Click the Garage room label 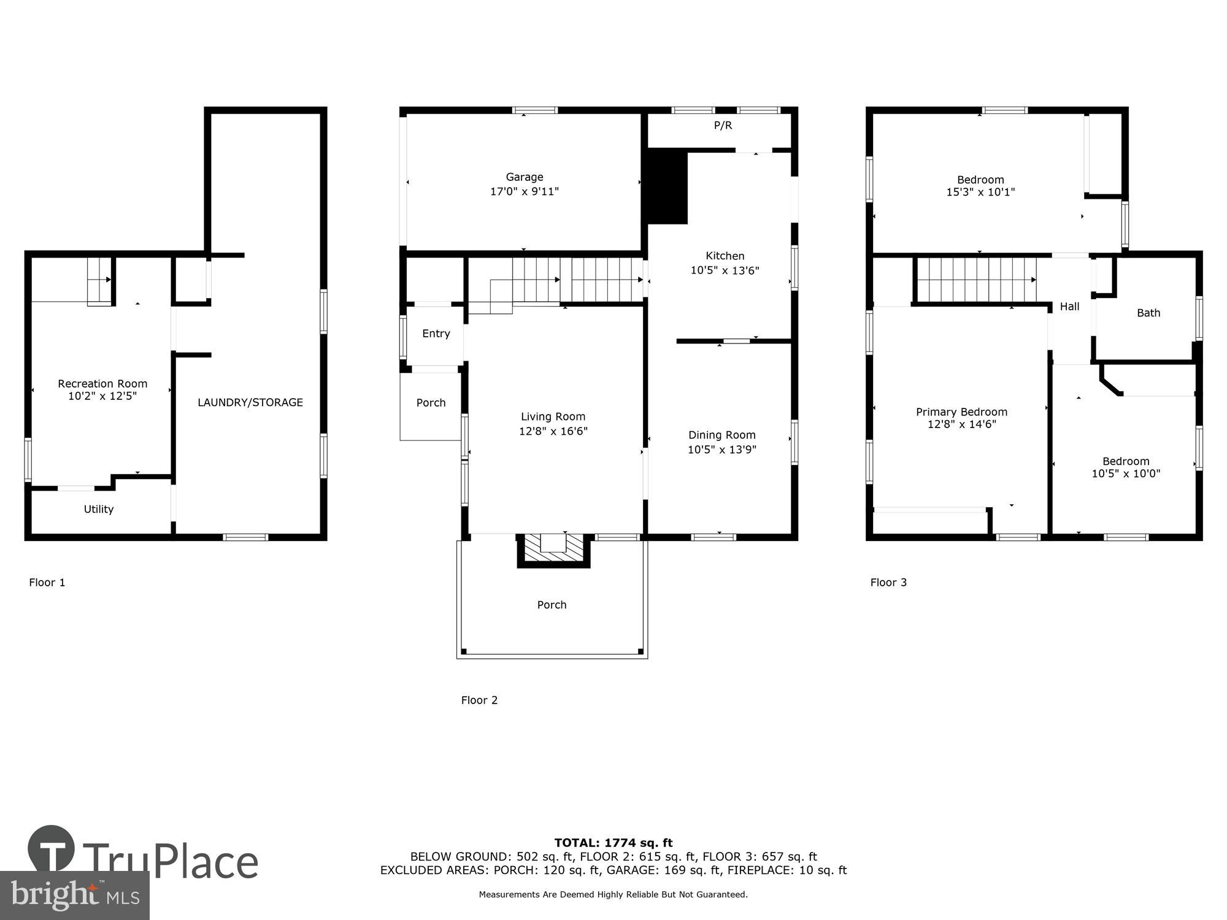[524, 177]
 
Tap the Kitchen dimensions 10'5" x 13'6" [725, 270]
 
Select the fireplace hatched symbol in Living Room [553, 547]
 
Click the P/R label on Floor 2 [723, 126]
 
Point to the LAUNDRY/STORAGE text [250, 402]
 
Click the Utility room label [99, 509]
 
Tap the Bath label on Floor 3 [1148, 313]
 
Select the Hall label [1069, 307]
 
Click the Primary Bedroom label [961, 412]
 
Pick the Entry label [436, 334]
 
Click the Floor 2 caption [479, 700]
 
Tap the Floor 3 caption [888, 583]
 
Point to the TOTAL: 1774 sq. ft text [613, 843]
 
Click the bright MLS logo [74, 895]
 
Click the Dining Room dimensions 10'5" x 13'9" [721, 450]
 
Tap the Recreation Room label [102, 384]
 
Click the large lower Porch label [552, 605]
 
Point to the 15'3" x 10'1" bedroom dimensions [980, 192]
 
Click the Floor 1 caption [47, 583]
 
